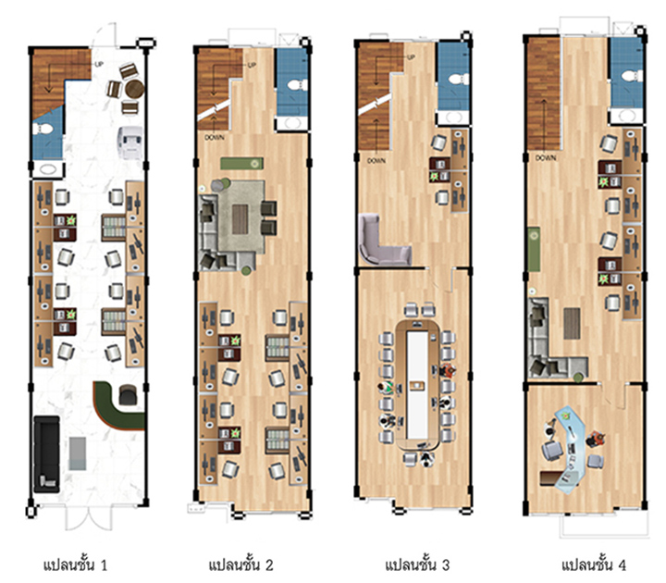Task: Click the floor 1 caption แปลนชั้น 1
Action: pyautogui.click(x=75, y=564)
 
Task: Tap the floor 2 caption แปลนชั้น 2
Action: pyautogui.click(x=240, y=564)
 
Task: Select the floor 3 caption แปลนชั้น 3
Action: pyautogui.click(x=416, y=564)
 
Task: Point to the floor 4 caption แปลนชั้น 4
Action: pyautogui.click(x=593, y=564)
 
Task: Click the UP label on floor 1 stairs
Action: pyautogui.click(x=99, y=65)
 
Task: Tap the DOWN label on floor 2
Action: pyautogui.click(x=215, y=138)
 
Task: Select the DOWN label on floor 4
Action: pyautogui.click(x=546, y=157)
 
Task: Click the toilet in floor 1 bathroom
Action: pyautogui.click(x=43, y=129)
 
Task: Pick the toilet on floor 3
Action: pyautogui.click(x=459, y=79)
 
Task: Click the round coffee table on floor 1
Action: pyautogui.click(x=135, y=89)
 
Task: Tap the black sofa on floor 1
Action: pyautogui.click(x=46, y=454)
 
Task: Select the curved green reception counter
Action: pyautogui.click(x=116, y=407)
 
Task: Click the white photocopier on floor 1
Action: pyautogui.click(x=130, y=143)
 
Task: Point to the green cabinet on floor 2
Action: pyautogui.click(x=241, y=163)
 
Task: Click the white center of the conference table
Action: pyautogui.click(x=417, y=385)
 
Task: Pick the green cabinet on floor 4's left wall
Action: pyautogui.click(x=534, y=250)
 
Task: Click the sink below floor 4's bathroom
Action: pyautogui.click(x=626, y=116)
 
